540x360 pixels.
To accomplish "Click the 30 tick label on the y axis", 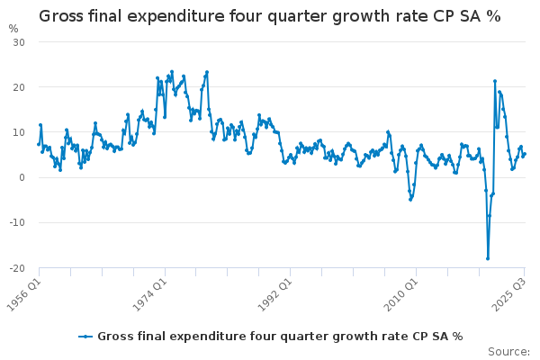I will coord(19,42).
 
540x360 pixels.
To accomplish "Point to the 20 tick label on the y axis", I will coord(19,87).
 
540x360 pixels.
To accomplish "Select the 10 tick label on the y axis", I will coord(19,132).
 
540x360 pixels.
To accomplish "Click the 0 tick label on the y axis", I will coord(22,177).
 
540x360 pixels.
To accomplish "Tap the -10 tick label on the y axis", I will coord(17,222).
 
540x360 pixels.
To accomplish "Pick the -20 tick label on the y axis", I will coord(17,267).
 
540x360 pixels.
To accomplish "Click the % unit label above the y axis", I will coord(13,28).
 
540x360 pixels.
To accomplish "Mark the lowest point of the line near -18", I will coord(488,258).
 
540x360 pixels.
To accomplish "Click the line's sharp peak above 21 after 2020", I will coord(495,81).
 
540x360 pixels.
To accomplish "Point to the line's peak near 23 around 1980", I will coord(207,72).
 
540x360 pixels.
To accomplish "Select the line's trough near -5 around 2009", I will coord(410,199).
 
